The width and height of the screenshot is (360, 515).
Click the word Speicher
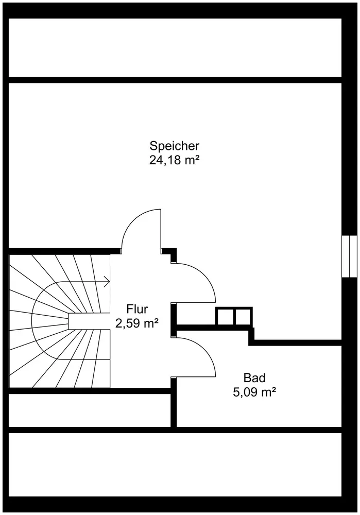coord(174,146)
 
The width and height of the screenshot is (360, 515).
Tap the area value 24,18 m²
coord(174,160)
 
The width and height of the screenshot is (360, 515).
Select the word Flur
coord(137,310)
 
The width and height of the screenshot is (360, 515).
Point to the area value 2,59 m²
coord(137,324)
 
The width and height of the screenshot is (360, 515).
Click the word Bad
coord(255,378)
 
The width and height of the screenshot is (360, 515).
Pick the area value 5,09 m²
coord(255,392)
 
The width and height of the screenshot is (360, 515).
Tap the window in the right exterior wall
coord(350,257)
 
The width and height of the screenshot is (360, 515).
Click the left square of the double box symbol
coord(225,316)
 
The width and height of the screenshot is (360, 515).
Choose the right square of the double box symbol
coord(243,316)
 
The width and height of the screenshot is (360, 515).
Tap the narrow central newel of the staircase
coord(88,320)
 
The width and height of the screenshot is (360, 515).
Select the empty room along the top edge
coord(175,47)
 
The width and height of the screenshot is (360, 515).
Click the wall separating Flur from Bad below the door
coord(174,402)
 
